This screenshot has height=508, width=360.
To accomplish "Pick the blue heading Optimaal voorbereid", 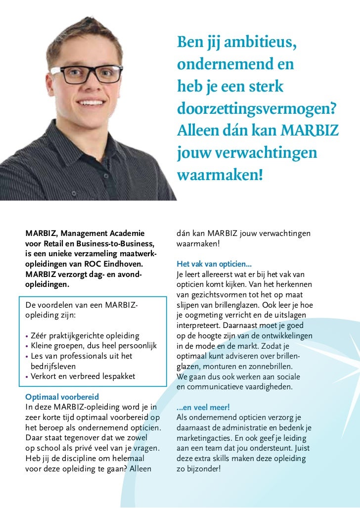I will [x=62, y=397].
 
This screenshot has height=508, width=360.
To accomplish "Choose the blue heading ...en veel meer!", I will [x=203, y=407].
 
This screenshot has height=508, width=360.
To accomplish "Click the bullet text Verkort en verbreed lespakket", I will [x=83, y=376].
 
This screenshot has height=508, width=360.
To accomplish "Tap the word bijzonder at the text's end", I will [x=203, y=468].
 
